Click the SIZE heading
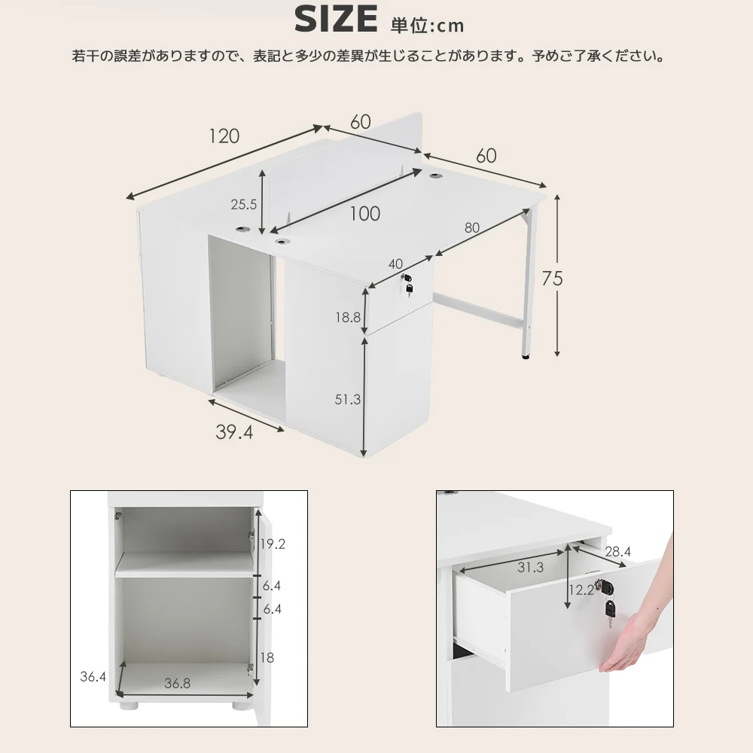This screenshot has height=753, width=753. pos(336,20)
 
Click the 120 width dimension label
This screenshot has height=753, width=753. pos(224,136)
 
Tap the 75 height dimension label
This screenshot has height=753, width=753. pos(552,279)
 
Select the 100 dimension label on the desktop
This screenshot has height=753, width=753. pos(364,214)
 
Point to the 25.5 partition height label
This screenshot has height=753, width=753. pos(243,205)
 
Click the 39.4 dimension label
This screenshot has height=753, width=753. pos(234,432)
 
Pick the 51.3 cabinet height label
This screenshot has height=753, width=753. pos(347,399)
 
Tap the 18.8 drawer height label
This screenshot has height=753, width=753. pos(348,318)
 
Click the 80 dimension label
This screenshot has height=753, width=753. pos(472,228)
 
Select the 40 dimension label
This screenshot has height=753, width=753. pos(395,264)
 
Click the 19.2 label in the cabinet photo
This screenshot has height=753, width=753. pos(273,544)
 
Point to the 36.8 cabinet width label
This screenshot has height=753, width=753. pos(177,683)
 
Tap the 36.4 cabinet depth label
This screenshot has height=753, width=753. pos(93,677)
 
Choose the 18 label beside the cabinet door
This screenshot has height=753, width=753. pos(267,657)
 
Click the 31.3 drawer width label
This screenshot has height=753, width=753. pos(530,568)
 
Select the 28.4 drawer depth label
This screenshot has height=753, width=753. pos(617,552)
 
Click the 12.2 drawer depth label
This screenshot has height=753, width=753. pos(581,590)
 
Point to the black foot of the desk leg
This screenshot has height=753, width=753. pos(526,356)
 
